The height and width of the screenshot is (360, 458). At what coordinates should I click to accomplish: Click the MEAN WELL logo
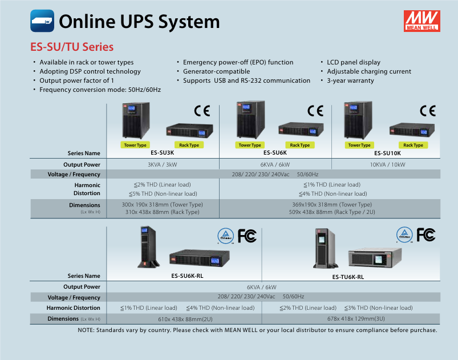pyautogui.click(x=421, y=21)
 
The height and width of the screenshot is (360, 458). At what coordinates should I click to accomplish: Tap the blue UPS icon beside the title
pyautogui.click(x=42, y=21)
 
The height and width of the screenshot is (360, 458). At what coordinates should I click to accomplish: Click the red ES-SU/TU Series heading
pyautogui.click(x=72, y=47)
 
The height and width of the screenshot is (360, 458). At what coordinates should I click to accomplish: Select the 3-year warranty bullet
pyautogui.click(x=350, y=80)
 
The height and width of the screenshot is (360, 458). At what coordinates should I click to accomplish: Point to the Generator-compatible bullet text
pyautogui.click(x=216, y=71)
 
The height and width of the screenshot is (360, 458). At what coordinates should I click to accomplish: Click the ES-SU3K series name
pyautogui.click(x=163, y=152)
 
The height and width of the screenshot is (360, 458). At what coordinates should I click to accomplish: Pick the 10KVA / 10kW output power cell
pyautogui.click(x=388, y=164)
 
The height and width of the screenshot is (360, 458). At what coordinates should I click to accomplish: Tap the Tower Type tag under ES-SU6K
pyautogui.click(x=250, y=145)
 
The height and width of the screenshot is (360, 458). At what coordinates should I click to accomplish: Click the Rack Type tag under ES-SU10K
pyautogui.click(x=413, y=145)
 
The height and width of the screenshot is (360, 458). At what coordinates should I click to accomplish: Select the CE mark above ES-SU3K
pyautogui.click(x=202, y=111)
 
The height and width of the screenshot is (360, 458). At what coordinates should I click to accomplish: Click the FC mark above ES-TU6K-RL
pyautogui.click(x=426, y=234)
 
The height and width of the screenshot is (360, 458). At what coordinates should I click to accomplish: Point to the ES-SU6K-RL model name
pyautogui.click(x=187, y=276)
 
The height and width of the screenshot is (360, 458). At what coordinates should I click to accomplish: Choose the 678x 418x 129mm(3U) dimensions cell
pyautogui.click(x=356, y=319)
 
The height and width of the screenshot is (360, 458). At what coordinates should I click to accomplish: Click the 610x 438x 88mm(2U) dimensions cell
pyautogui.click(x=185, y=319)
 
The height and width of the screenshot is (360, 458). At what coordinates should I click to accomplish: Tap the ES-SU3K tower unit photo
pyautogui.click(x=136, y=120)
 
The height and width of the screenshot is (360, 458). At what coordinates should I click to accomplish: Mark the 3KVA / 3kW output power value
pyautogui.click(x=163, y=164)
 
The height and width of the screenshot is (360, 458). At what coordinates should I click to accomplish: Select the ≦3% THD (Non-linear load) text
pyautogui.click(x=379, y=308)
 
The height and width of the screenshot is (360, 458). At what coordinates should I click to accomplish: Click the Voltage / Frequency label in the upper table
pyautogui.click(x=74, y=175)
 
